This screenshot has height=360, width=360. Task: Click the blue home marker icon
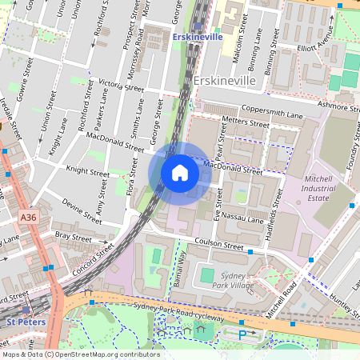180,173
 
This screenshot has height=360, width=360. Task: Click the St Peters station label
21,322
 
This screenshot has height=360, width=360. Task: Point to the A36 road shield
29,217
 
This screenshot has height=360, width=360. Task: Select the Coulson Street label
214,246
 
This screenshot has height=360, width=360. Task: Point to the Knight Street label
87,171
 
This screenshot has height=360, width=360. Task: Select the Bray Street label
74,236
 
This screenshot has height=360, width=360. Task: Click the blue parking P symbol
242,334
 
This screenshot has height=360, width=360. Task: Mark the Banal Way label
179,269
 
